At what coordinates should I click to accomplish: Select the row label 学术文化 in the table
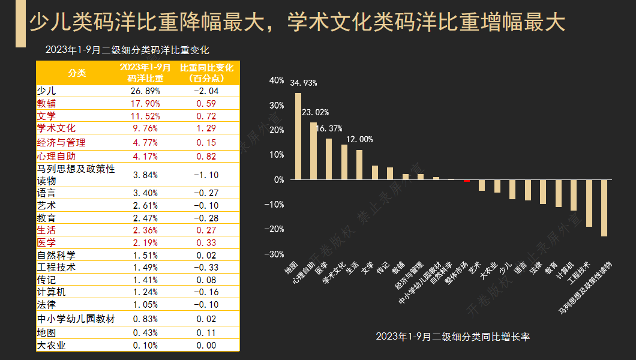point(56,128)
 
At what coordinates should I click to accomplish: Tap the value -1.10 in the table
point(206,175)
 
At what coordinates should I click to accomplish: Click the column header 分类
point(77,73)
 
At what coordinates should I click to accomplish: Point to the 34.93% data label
point(303,83)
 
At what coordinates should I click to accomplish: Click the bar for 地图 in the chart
point(298,136)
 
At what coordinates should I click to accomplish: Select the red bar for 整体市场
point(467,181)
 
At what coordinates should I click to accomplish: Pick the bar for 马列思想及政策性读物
point(604,208)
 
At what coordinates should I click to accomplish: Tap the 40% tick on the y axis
point(276,80)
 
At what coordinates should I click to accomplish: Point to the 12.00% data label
point(358,139)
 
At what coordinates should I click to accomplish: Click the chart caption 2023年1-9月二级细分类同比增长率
point(452,337)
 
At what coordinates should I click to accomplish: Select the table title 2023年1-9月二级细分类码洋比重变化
point(127,50)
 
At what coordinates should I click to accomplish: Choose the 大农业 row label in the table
point(51,346)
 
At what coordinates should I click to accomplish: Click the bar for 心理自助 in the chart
point(313,151)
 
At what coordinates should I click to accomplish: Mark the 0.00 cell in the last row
point(206,346)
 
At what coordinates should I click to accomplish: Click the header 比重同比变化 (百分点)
point(206,73)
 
